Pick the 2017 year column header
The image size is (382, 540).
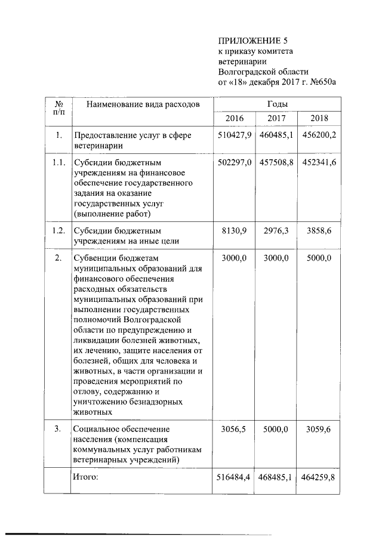pyautogui.click(x=276, y=118)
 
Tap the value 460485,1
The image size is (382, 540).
pyautogui.click(x=276, y=135)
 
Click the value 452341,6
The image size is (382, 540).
pyautogui.click(x=318, y=162)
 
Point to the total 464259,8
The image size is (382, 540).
pyautogui.click(x=318, y=477)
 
